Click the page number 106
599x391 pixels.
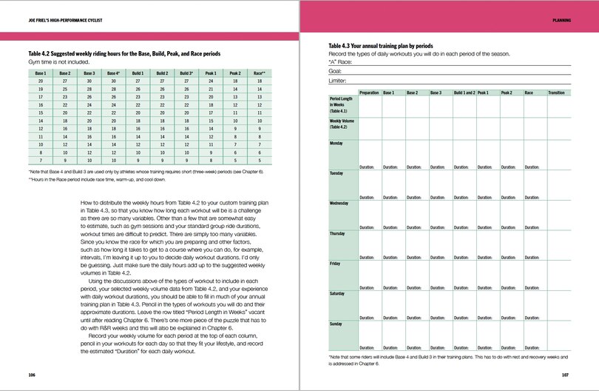pyautogui.click(x=32, y=375)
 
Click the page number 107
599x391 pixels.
pyautogui.click(x=565, y=375)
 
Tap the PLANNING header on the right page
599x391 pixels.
pyautogui.click(x=561, y=21)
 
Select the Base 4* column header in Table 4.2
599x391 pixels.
pyautogui.click(x=112, y=74)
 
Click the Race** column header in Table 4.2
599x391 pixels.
pyautogui.click(x=260, y=74)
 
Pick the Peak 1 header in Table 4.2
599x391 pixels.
pyautogui.click(x=211, y=74)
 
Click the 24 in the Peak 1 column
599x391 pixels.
pyautogui.click(x=211, y=82)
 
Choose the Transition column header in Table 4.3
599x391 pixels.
pyautogui.click(x=556, y=93)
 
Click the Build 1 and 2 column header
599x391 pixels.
pyautogui.click(x=464, y=93)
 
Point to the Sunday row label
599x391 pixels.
pyautogui.click(x=336, y=324)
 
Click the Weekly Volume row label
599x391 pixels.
pyautogui.click(x=342, y=123)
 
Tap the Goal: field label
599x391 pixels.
pyautogui.click(x=336, y=71)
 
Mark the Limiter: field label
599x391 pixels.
pyautogui.click(x=339, y=80)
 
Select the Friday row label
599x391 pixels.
pyautogui.click(x=335, y=263)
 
